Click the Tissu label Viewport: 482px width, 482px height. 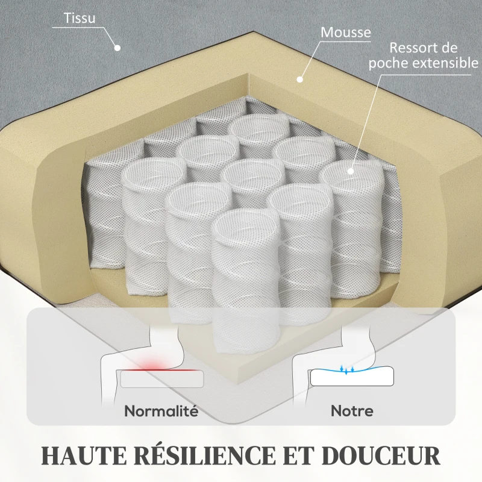(80, 18)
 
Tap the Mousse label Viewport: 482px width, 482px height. (346, 33)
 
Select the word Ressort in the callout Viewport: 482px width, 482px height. (412, 48)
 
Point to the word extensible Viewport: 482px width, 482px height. (445, 63)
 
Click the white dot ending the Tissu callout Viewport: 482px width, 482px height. (117, 48)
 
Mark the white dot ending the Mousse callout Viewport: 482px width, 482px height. (299, 80)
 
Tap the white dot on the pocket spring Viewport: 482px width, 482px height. (351, 171)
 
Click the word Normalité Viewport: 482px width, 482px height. (161, 411)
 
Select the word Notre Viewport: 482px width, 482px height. (352, 411)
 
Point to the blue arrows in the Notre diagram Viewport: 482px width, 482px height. (346, 369)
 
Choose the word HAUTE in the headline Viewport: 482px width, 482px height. (84, 455)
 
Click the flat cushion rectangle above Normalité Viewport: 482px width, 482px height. (162, 379)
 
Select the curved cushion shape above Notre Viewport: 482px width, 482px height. (352, 376)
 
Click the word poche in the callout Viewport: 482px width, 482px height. (389, 63)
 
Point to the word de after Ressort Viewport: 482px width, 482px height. (448, 48)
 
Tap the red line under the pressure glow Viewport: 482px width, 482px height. (159, 370)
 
